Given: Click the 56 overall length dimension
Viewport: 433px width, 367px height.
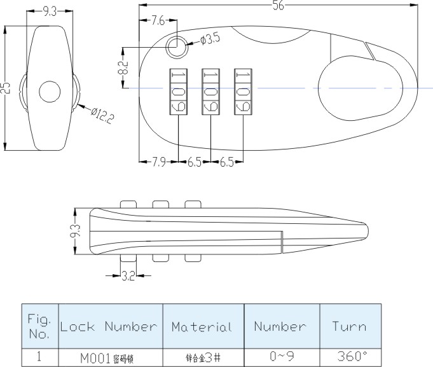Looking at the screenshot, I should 278,6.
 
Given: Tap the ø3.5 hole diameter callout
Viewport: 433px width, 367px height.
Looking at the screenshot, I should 209,39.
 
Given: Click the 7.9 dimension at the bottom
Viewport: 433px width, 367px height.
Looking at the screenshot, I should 159,162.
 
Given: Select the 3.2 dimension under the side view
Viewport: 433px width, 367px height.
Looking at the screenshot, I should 128,276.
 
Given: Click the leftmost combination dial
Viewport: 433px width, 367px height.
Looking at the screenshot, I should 178,92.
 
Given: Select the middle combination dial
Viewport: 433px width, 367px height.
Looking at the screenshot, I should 211,92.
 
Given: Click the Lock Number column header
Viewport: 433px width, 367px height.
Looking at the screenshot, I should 109,327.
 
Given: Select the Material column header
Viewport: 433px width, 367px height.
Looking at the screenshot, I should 202,327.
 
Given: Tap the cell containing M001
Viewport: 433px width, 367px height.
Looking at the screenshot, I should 109,357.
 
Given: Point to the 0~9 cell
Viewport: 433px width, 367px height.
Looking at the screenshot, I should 281,357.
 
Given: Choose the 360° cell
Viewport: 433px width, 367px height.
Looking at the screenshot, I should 349,357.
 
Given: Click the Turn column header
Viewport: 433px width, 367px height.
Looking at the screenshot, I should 349,327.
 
